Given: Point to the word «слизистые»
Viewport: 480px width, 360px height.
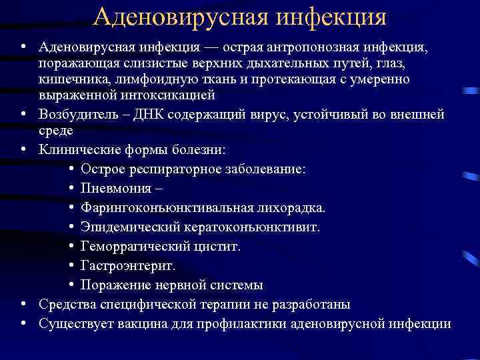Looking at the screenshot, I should (149, 63).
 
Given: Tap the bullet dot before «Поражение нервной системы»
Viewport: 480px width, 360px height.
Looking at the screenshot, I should (71, 285).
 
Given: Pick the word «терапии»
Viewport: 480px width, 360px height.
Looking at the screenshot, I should (239, 304).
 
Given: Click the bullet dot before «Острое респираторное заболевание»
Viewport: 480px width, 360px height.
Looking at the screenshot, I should (71, 169).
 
